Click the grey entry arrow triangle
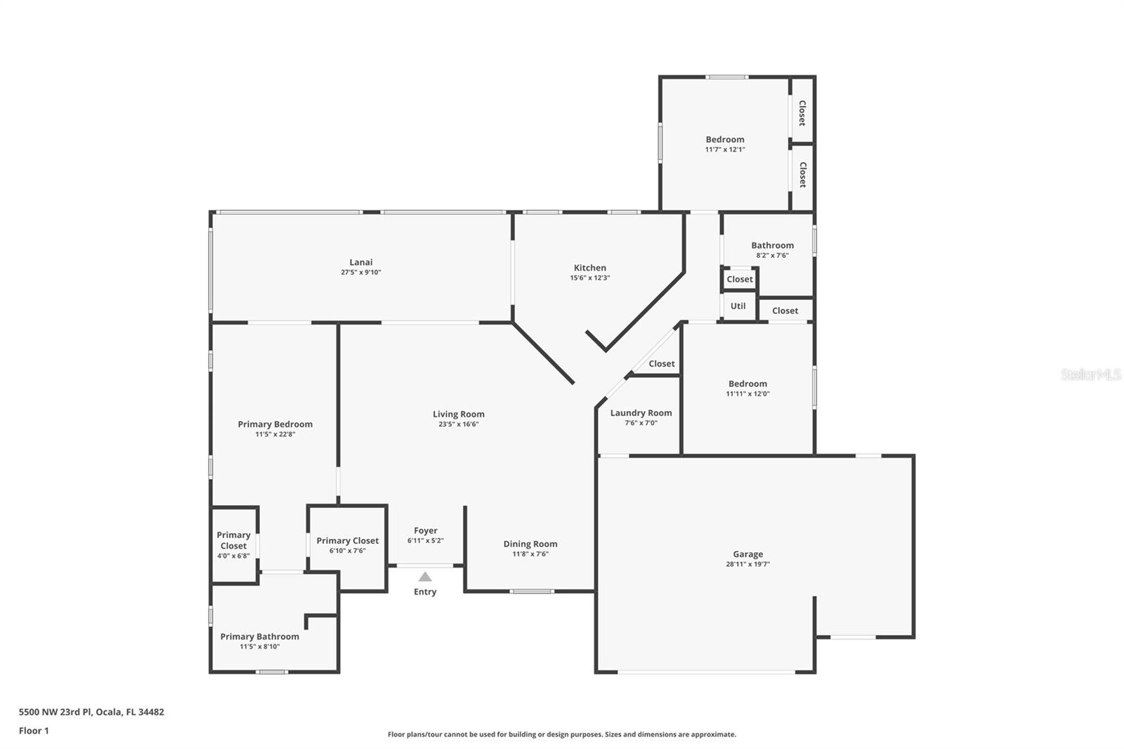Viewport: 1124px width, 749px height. (x=425, y=577)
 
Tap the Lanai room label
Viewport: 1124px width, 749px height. (x=361, y=262)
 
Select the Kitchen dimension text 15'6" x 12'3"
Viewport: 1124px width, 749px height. (x=589, y=278)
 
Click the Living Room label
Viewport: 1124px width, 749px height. (x=459, y=414)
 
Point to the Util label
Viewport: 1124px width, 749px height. (x=738, y=306)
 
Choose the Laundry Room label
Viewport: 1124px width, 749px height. (x=641, y=412)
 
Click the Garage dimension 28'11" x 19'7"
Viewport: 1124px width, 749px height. (x=747, y=564)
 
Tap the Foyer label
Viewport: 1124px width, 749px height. (x=426, y=530)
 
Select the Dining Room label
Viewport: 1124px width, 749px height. (x=530, y=544)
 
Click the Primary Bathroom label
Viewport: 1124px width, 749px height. (x=259, y=637)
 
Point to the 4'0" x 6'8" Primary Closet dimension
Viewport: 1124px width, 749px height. (x=233, y=556)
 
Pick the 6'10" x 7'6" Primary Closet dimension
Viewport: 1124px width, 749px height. (x=347, y=551)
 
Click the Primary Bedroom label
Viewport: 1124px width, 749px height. (x=275, y=424)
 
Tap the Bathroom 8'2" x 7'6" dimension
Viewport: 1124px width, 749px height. (x=772, y=255)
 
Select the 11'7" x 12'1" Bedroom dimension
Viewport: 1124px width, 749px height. (x=725, y=149)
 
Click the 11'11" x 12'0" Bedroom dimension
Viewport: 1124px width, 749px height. (x=747, y=393)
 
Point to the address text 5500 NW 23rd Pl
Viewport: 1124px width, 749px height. (x=55, y=712)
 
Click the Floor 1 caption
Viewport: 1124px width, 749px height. (x=34, y=731)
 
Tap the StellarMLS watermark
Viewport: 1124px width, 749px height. (x=1091, y=374)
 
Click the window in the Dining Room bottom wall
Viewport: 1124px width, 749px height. (x=532, y=592)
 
